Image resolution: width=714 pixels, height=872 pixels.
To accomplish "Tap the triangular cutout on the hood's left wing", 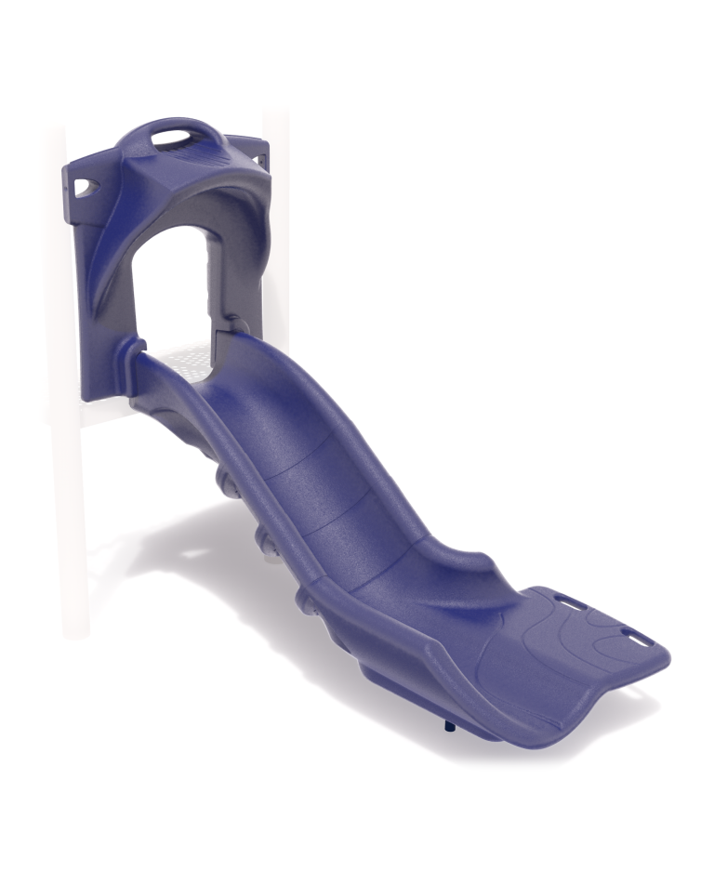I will [x=86, y=187].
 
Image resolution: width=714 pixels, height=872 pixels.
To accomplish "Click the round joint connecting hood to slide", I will [x=236, y=325].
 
